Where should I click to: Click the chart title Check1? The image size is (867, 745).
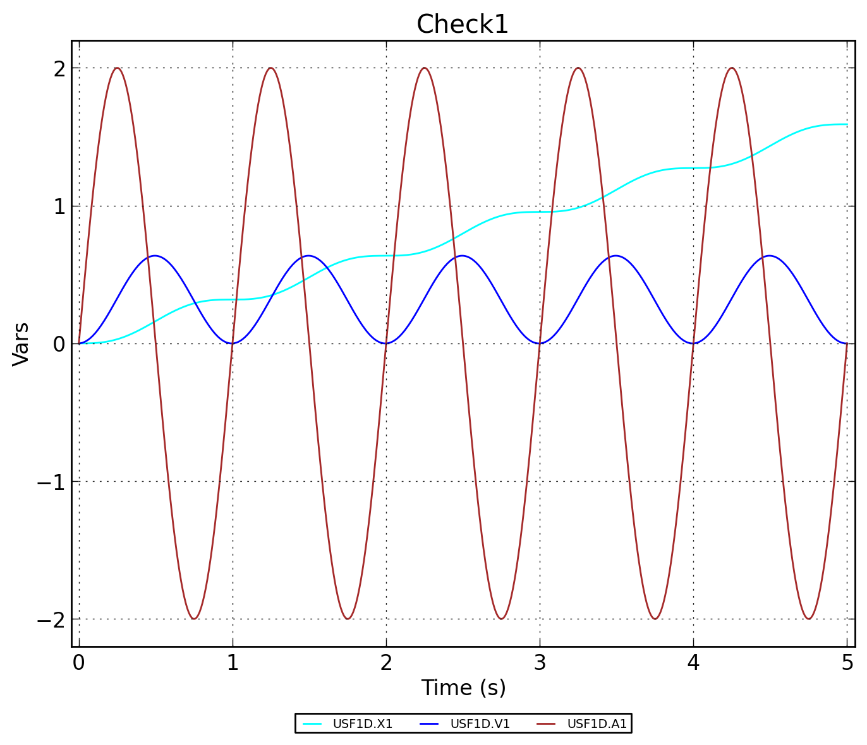coord(462,25)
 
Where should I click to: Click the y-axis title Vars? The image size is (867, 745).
coord(21,343)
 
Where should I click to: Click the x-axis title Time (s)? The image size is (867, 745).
coord(463,688)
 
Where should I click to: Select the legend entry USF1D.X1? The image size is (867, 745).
coord(363,724)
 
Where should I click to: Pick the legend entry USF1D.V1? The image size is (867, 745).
coord(480,724)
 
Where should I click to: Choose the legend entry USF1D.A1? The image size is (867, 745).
coord(597,724)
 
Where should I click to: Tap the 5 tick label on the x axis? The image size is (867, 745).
coord(847,663)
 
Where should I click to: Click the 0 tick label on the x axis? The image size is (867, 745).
coord(78,663)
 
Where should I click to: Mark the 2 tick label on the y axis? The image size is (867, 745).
coord(59,68)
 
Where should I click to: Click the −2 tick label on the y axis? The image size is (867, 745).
coord(51,619)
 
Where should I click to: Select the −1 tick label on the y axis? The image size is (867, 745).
coord(51,482)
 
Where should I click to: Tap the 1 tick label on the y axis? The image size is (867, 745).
coord(59,206)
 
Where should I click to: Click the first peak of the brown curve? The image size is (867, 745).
coord(117,68)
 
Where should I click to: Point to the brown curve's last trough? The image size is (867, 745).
coord(808,619)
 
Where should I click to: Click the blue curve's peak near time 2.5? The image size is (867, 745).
coord(463,256)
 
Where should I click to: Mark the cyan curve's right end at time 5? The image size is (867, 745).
coord(847,124)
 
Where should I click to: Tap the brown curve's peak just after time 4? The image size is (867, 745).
coord(732,68)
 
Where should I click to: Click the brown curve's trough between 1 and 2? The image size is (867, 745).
coord(348,619)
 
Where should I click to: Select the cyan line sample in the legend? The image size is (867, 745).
coord(312,724)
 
